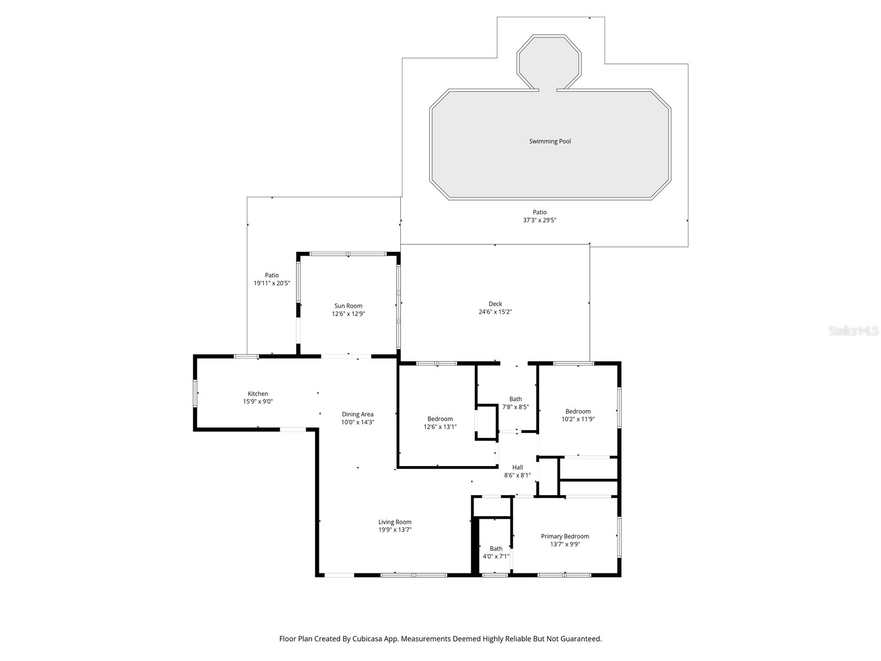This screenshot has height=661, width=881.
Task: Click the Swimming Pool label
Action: (x=550, y=142)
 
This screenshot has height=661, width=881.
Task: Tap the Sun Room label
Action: (x=348, y=306)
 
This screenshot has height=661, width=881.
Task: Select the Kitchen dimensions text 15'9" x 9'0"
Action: (x=258, y=402)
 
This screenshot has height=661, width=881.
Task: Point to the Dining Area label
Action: (x=357, y=414)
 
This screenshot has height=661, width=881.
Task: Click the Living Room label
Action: (x=395, y=522)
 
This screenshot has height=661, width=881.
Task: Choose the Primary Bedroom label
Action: (x=564, y=537)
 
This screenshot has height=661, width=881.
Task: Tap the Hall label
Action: (x=517, y=467)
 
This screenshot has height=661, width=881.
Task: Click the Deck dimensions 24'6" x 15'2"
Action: (x=495, y=312)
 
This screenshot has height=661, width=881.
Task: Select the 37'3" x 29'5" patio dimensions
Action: (x=540, y=220)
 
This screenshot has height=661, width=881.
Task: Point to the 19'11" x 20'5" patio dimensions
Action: (x=271, y=283)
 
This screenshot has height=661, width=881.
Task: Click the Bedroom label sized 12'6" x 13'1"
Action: (x=440, y=419)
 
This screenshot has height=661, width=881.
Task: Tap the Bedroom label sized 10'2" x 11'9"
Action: (x=578, y=411)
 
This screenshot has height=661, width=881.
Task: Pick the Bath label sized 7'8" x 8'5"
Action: (x=515, y=399)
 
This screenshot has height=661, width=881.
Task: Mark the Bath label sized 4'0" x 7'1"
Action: (x=496, y=549)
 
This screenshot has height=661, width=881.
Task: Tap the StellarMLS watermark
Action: (x=853, y=331)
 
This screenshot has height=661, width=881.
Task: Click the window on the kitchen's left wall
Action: (x=195, y=393)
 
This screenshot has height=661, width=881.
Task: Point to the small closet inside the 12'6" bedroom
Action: (x=486, y=422)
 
